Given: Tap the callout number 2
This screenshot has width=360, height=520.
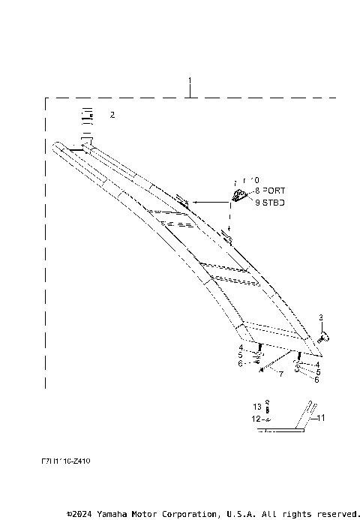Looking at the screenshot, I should tap(112, 115).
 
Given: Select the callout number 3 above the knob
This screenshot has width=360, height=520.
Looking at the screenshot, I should tap(321, 317).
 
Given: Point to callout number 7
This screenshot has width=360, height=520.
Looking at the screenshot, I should tap(280, 373).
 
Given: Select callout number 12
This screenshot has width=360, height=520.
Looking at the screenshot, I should tap(255, 418).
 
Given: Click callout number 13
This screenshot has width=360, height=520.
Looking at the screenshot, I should tap(256, 405).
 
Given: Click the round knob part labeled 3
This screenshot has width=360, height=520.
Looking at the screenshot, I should tap(325, 338).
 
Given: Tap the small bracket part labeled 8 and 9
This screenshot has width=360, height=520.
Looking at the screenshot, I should tap(238, 196).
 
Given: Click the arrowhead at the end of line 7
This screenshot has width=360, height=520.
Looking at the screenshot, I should tap(259, 369).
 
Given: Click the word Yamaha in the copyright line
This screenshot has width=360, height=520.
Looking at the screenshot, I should tap(115, 514).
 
